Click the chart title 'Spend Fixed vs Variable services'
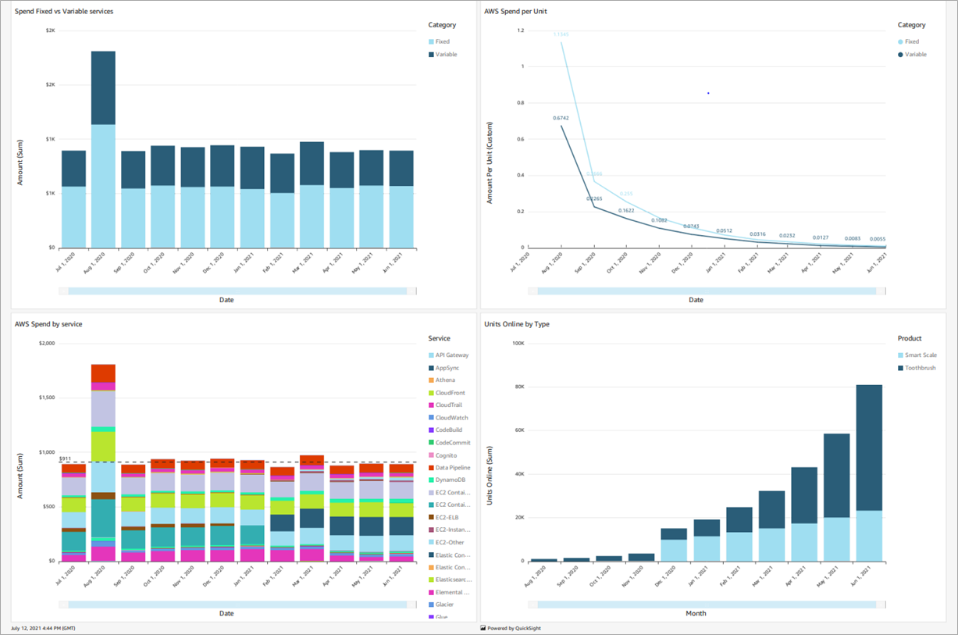[x=64, y=11]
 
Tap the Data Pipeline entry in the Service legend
[x=453, y=468]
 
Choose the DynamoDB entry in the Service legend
[x=451, y=480]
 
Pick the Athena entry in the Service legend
[x=445, y=380]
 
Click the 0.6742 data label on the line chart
[x=561, y=118]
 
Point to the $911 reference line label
[x=66, y=458]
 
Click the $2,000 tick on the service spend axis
[x=48, y=343]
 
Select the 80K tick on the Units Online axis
[x=516, y=387]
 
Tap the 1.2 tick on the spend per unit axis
[x=519, y=30]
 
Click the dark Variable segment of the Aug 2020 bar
[x=103, y=87]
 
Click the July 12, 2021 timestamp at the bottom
[x=43, y=628]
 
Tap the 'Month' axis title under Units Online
[x=696, y=613]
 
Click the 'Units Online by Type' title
[x=516, y=323]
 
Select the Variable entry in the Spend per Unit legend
[x=915, y=55]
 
